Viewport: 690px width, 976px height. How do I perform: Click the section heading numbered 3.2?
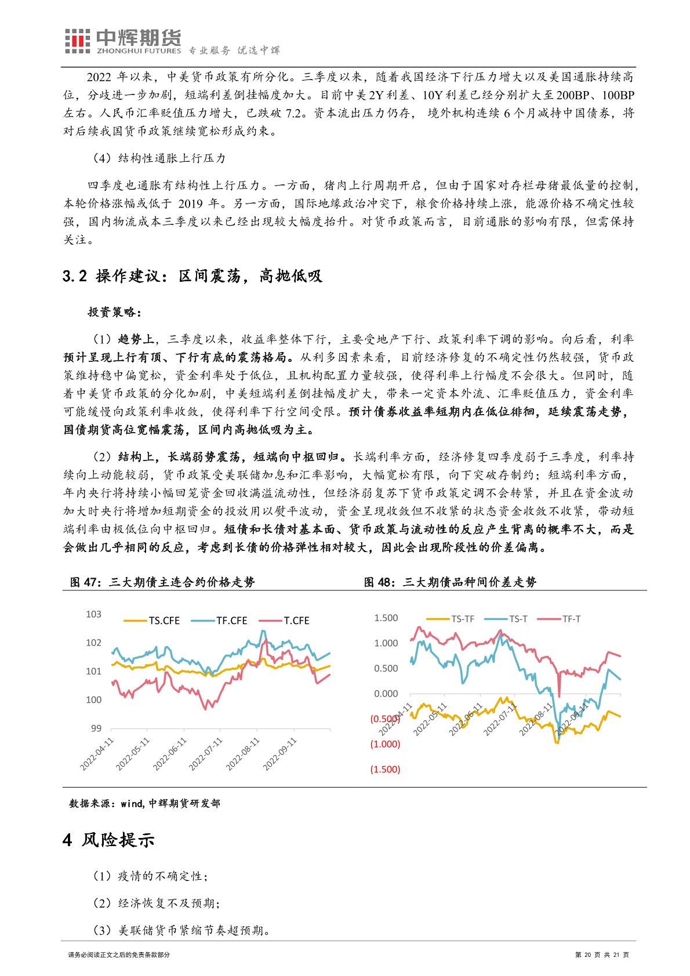point(191,277)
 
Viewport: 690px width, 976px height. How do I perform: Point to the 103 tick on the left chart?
point(93,614)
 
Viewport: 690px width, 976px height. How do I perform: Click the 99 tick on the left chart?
point(95,728)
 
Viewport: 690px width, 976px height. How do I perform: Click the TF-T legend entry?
point(571,619)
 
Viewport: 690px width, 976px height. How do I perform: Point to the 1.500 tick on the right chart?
point(386,618)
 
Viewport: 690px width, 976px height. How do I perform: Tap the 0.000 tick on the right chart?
point(386,694)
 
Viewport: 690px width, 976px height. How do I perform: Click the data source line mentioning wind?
point(144,803)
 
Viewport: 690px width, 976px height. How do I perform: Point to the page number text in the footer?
point(601,955)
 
